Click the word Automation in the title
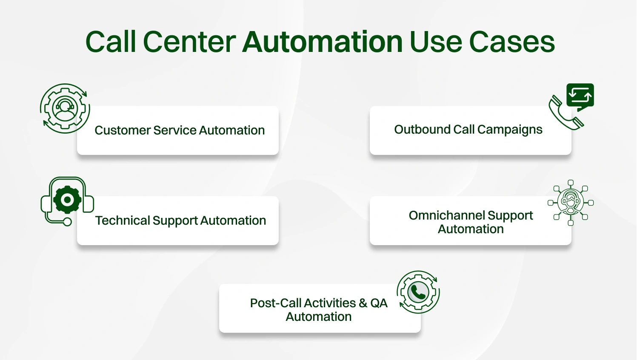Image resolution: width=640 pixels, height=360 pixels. pyautogui.click(x=323, y=42)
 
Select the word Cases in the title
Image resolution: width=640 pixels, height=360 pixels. pyautogui.click(x=512, y=42)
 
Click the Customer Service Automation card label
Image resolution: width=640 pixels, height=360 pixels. pyautogui.click(x=180, y=130)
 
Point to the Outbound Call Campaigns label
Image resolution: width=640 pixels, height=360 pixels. pyautogui.click(x=468, y=129)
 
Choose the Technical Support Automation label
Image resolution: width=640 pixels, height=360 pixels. pyautogui.click(x=180, y=220)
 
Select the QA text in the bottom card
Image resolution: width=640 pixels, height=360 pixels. pyautogui.click(x=379, y=303)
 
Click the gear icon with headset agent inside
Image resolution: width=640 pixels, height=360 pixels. pyautogui.click(x=65, y=108)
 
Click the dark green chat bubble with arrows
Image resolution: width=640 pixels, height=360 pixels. pyautogui.click(x=580, y=96)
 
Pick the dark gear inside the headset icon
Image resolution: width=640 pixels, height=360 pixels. pyautogui.click(x=67, y=199)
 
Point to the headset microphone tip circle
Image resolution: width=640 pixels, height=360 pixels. pyautogui.click(x=67, y=221)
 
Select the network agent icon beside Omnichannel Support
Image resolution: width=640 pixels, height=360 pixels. pyautogui.click(x=571, y=203)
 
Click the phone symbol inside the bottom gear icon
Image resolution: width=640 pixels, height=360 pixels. pyautogui.click(x=418, y=292)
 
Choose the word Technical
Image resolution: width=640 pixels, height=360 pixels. pyautogui.click(x=123, y=220)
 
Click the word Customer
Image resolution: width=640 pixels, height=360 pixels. pyautogui.click(x=122, y=130)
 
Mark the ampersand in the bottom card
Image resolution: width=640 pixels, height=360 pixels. pyautogui.click(x=363, y=303)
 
